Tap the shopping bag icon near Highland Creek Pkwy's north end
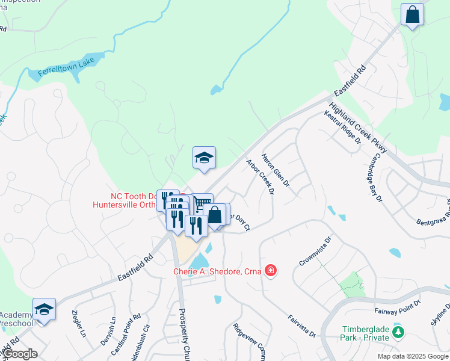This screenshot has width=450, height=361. (412, 14)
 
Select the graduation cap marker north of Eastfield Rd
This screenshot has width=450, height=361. (204, 158)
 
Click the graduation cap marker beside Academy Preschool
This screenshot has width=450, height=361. (44, 309)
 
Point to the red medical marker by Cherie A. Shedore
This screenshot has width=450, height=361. (271, 271)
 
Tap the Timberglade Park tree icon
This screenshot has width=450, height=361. (397, 331)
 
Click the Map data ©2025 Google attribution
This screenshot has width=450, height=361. (412, 356)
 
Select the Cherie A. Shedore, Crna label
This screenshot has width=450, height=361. (217, 272)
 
